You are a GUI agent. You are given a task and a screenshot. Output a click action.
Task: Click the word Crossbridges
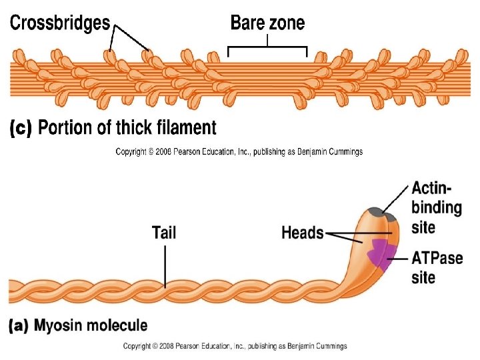59,23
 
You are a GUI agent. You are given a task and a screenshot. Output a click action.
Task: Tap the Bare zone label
267,23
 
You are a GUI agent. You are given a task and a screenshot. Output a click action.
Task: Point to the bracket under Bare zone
267,48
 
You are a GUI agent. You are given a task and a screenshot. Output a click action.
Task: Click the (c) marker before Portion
21,128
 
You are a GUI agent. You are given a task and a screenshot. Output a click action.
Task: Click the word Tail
164,233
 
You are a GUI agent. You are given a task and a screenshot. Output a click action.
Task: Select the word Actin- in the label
433,188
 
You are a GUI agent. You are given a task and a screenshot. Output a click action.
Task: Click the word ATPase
437,257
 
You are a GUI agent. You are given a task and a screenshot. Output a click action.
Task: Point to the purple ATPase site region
379,252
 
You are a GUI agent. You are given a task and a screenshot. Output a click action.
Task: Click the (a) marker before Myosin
19,326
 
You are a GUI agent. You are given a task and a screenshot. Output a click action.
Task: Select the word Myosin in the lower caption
59,326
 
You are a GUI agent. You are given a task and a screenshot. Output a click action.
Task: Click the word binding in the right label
437,207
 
